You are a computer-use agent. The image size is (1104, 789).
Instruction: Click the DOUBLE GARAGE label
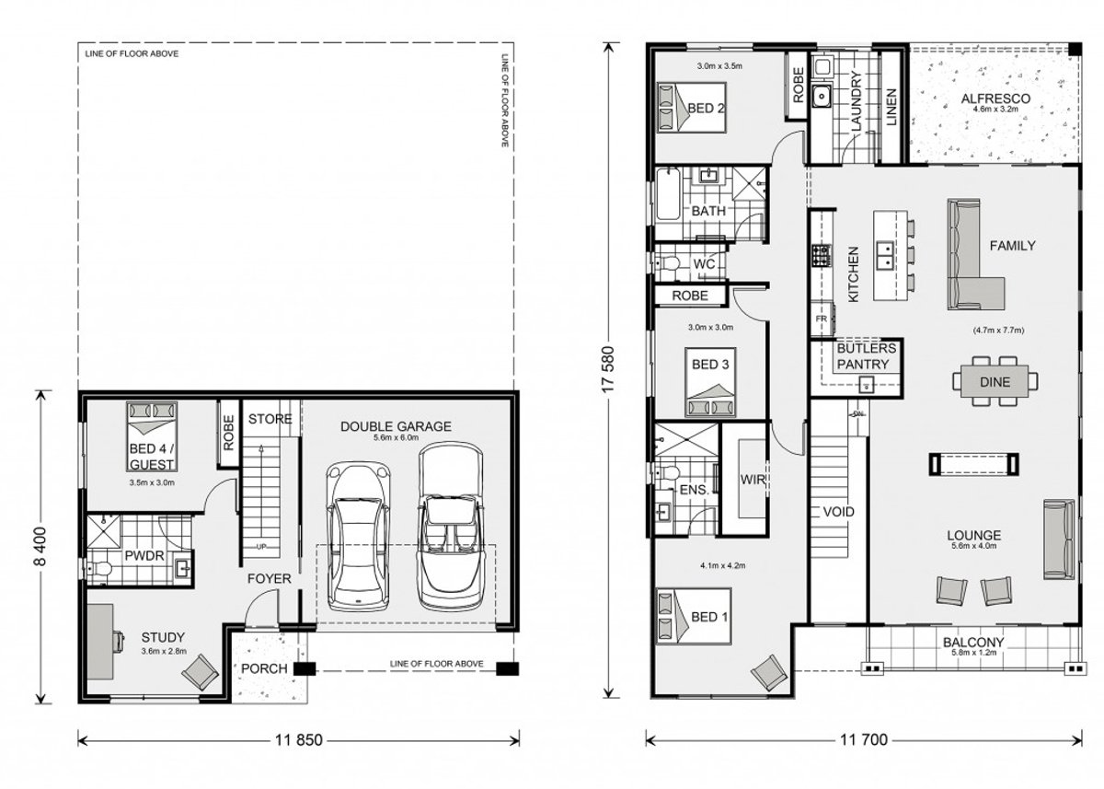[x=396, y=426]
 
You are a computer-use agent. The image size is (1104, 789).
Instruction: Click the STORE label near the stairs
[x=270, y=420]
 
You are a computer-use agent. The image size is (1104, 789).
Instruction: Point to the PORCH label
[x=264, y=668]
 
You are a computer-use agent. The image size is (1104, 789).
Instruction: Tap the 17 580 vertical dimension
[x=608, y=368]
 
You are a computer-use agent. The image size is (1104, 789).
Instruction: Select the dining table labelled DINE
[x=995, y=381]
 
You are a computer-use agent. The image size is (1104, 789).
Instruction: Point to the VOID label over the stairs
[x=839, y=512]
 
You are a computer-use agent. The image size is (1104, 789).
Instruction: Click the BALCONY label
[x=972, y=643]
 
